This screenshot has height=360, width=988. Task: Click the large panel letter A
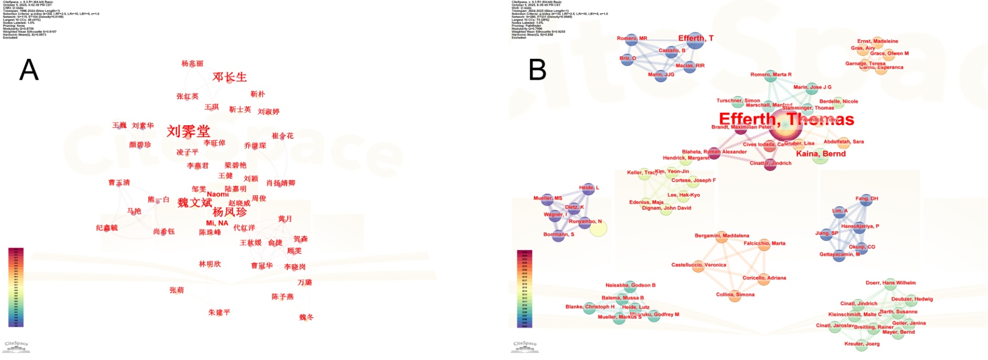[29, 69]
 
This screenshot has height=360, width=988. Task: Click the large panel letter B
[537, 69]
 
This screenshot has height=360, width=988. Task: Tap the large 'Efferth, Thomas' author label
[786, 119]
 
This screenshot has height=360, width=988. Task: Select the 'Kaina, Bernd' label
[821, 154]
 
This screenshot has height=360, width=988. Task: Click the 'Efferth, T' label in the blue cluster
[695, 38]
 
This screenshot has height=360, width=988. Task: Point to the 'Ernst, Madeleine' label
[878, 41]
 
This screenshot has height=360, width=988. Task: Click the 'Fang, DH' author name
[866, 198]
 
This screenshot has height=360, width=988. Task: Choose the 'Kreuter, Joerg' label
[862, 344]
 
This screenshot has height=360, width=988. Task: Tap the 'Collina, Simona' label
[735, 294]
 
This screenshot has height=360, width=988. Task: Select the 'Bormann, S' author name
[559, 234]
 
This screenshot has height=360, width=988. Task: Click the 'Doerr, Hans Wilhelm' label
[891, 283]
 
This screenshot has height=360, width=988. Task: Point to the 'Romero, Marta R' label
[771, 74]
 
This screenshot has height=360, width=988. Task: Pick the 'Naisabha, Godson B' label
[630, 285]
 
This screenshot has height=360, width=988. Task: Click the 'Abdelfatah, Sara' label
[843, 142]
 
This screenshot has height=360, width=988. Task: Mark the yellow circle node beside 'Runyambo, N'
[598, 228]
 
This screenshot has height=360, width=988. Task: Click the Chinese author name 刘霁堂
[188, 131]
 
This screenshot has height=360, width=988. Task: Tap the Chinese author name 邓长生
[229, 77]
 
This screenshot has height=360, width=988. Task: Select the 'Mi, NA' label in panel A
[217, 223]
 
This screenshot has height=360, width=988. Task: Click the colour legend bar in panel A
[16, 287]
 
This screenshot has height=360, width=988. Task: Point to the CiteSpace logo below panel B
[525, 345]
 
